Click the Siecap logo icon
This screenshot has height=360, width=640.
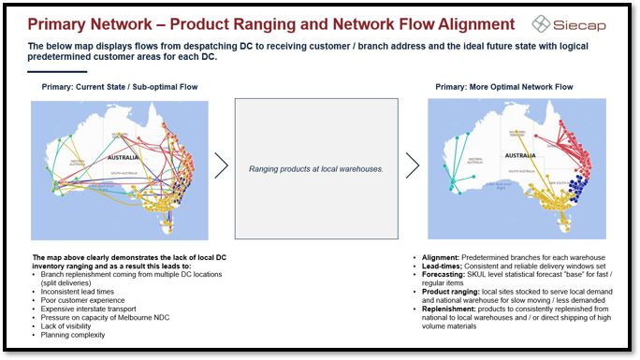tap(542, 23)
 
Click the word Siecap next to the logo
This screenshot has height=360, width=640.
tap(586, 23)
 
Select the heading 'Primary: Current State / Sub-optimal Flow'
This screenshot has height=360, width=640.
tap(120, 87)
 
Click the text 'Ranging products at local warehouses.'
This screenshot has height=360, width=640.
tap(315, 169)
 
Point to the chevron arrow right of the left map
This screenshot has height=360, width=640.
tap(222, 166)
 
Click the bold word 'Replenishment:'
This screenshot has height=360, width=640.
tap(450, 308)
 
